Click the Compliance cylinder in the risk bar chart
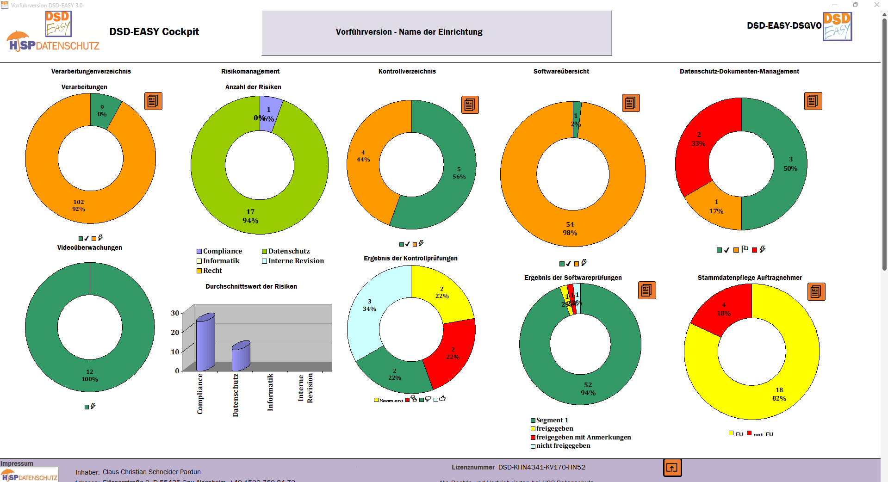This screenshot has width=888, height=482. tap(205, 342)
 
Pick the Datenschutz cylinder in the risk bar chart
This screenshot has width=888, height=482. tap(241, 356)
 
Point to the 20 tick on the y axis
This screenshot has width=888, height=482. tap(175, 333)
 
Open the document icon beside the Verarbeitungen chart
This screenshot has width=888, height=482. tap(153, 101)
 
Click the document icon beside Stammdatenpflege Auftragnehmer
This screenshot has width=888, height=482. tap(816, 291)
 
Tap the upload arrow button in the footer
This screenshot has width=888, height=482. tap(672, 468)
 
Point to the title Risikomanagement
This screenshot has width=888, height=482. tap(250, 71)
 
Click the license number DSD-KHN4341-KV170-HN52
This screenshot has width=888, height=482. tap(541, 467)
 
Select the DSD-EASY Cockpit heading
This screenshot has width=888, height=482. tap(154, 31)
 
